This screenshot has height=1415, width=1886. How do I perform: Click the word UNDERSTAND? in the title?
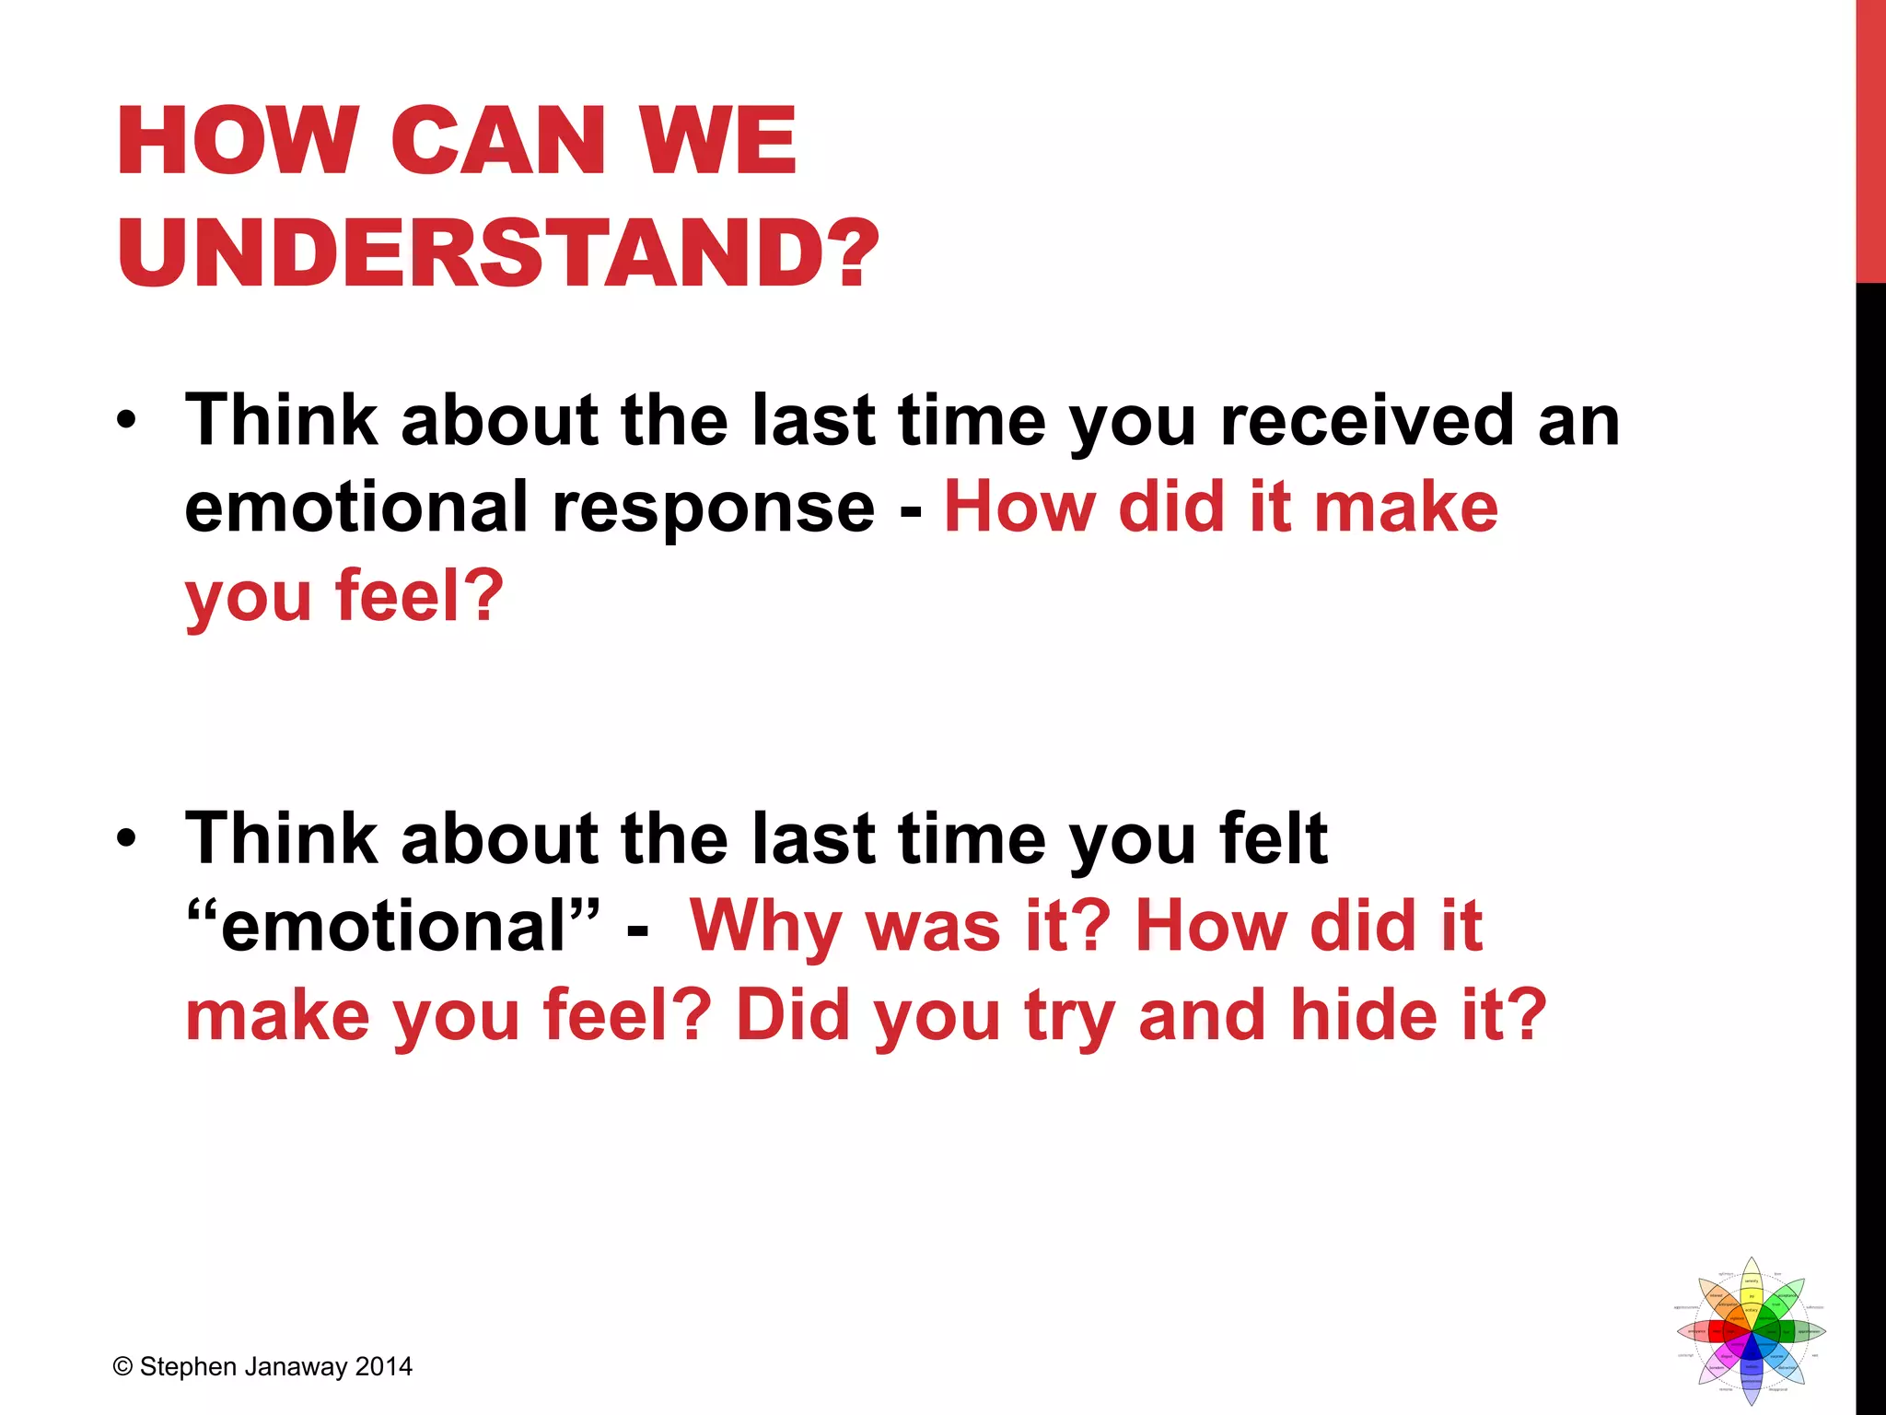coord(498,252)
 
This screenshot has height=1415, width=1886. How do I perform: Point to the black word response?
coord(714,508)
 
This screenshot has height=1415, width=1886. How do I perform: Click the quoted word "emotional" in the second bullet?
coord(393,926)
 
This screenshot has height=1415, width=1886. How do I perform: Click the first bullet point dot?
coord(126,421)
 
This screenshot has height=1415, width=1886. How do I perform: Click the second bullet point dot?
coord(126,839)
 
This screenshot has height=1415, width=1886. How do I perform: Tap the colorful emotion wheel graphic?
coord(1751,1331)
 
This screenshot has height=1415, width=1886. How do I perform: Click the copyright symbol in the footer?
coord(122,1367)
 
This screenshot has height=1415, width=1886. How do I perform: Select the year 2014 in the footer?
coord(384,1367)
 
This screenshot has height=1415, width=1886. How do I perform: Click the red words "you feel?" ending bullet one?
coord(344,597)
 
